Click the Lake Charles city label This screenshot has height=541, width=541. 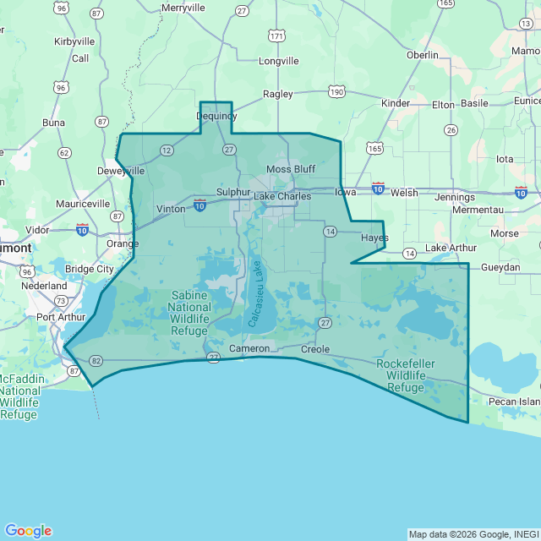[282, 197]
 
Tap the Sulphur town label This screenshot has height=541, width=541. [233, 192]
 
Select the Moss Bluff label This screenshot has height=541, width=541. [290, 169]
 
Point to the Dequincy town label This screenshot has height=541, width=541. [216, 116]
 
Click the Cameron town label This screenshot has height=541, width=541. [249, 348]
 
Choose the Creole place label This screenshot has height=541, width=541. [314, 348]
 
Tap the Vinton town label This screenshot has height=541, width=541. [171, 209]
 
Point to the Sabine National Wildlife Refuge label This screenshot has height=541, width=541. [190, 313]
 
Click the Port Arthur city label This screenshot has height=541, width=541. [60, 318]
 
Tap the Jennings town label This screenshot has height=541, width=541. [454, 197]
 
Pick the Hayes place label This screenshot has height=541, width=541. [374, 238]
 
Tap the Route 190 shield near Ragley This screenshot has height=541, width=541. [336, 91]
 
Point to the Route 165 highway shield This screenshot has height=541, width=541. [374, 148]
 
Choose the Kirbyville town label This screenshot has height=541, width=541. [74, 41]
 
